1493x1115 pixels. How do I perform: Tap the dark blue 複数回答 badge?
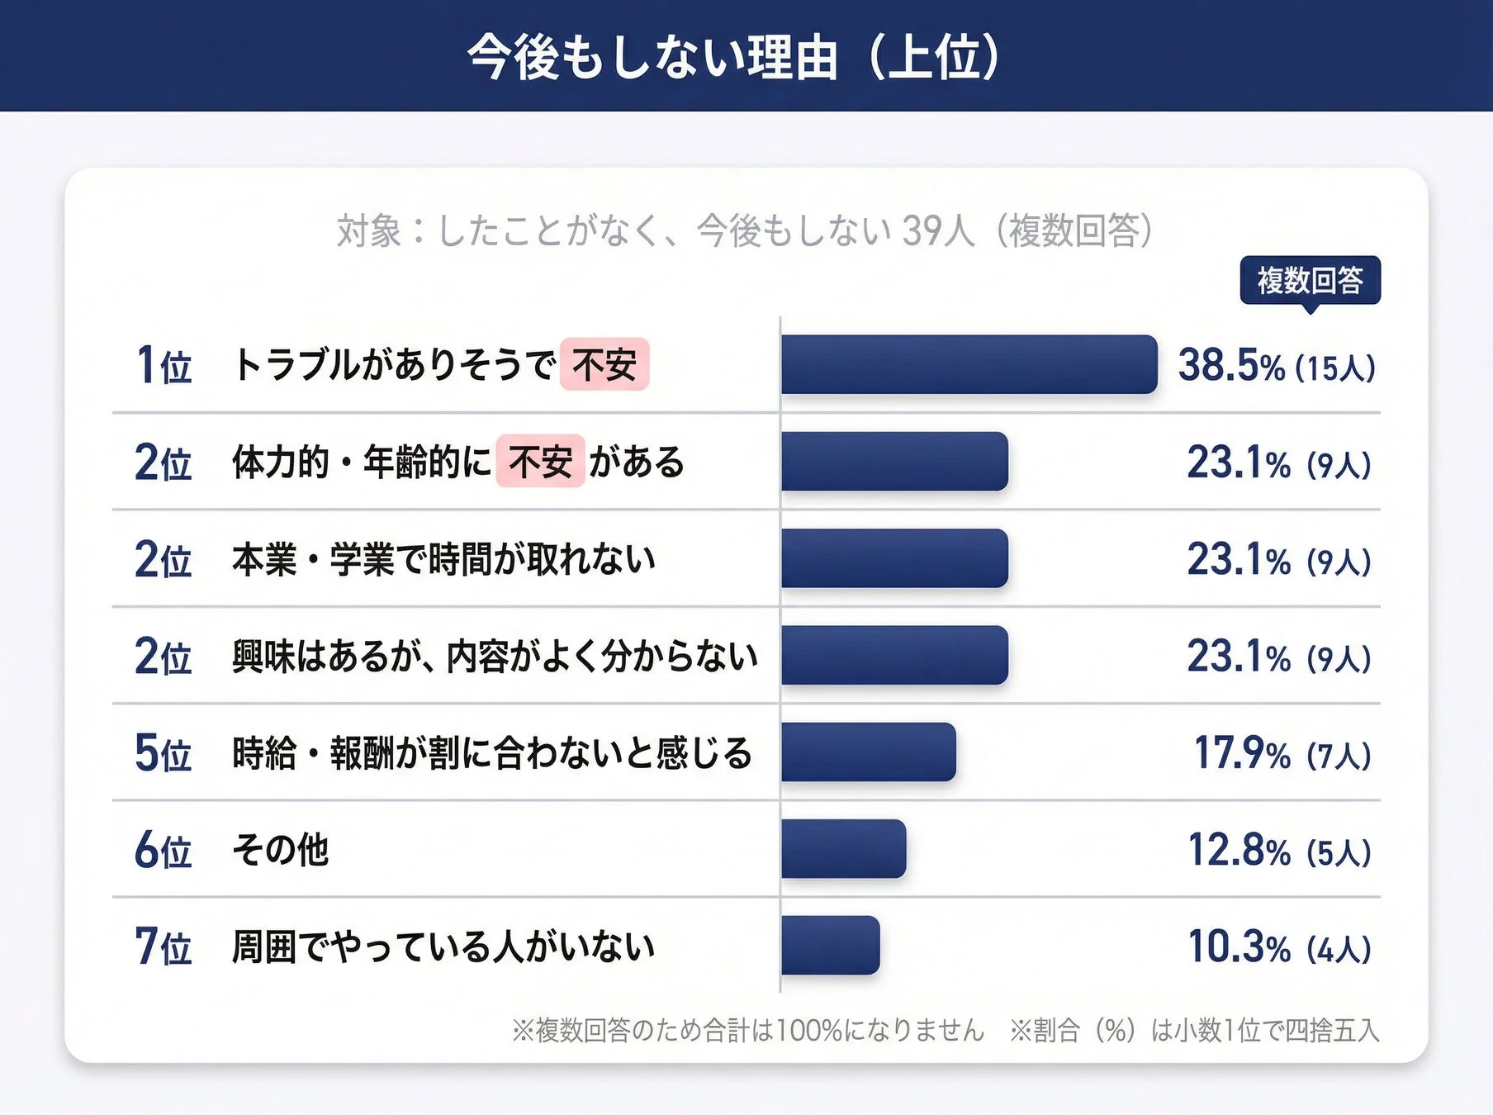click(x=1310, y=281)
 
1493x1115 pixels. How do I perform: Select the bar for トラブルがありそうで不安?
click(x=969, y=364)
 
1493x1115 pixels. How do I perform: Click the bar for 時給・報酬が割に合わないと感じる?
click(x=868, y=752)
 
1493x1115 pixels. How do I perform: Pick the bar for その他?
click(x=843, y=848)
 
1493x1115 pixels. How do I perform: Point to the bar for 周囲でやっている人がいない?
click(x=830, y=945)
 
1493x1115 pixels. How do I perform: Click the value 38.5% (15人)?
click(x=1276, y=365)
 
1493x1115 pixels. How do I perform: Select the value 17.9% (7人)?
click(x=1282, y=753)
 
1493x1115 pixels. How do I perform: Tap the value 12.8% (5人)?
click(x=1278, y=850)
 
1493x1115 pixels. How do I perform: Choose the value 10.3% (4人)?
click(x=1278, y=947)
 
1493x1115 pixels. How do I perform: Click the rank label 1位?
click(x=164, y=365)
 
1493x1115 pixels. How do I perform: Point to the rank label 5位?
click(x=164, y=753)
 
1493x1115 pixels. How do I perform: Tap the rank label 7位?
click(x=164, y=947)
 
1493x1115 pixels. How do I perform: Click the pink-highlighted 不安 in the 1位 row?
click(x=604, y=364)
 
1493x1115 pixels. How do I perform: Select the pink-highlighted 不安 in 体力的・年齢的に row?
click(x=540, y=462)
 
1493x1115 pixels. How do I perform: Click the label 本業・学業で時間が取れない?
click(x=443, y=559)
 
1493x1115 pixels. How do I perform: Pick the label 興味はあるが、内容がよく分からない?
click(x=494, y=656)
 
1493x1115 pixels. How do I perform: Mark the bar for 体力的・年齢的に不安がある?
click(x=894, y=461)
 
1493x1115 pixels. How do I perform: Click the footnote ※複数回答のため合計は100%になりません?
click(x=748, y=1030)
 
